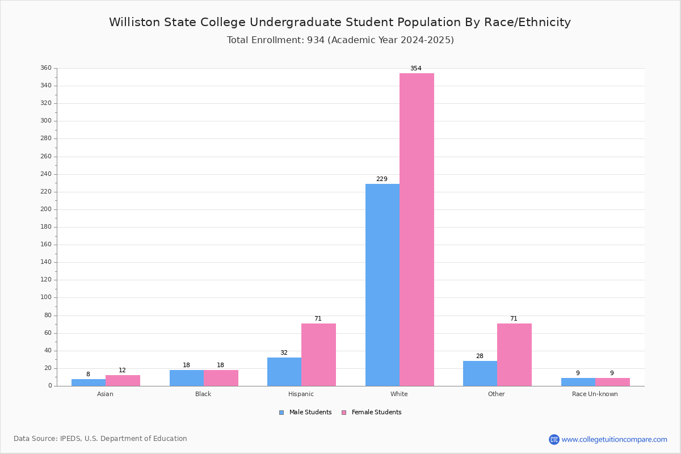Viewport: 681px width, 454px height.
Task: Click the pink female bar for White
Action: (417, 229)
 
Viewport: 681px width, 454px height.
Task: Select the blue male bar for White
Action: (382, 285)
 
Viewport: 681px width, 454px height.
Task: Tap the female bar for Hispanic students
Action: (318, 355)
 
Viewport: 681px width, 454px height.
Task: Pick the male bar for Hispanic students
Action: (284, 372)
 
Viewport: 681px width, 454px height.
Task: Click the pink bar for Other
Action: (514, 355)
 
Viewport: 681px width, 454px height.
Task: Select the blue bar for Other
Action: (480, 373)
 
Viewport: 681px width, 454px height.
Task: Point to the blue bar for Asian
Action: (89, 382)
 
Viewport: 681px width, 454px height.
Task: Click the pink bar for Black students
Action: (221, 378)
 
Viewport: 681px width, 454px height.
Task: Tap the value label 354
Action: (416, 69)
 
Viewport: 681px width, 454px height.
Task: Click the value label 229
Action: (381, 179)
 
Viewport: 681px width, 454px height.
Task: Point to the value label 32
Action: (284, 353)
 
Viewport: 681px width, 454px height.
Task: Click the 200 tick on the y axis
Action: (46, 209)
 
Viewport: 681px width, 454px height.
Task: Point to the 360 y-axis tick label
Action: (46, 68)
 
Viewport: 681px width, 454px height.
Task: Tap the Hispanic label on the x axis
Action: (301, 394)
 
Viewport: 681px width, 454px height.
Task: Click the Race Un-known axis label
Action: (595, 394)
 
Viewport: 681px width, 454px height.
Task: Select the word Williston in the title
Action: (134, 23)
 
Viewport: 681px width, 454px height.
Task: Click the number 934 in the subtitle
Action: (316, 40)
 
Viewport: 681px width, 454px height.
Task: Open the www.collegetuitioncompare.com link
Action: (614, 439)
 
